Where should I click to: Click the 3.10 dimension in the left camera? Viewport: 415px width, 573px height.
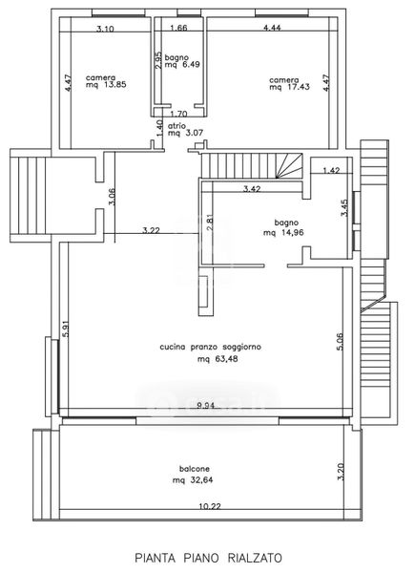pyautogui.click(x=105, y=29)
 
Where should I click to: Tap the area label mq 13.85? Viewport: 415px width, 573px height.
pyautogui.click(x=106, y=84)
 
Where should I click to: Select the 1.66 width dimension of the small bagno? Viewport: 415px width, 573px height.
pyautogui.click(x=178, y=28)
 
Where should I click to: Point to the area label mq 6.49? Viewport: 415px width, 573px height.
pyautogui.click(x=182, y=65)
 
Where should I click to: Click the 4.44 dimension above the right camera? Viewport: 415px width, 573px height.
pyautogui.click(x=272, y=28)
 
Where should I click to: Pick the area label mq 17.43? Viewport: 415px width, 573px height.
pyautogui.click(x=289, y=87)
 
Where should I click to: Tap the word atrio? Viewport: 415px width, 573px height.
pyautogui.click(x=176, y=126)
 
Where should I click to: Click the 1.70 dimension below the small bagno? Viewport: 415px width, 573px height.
pyautogui.click(x=178, y=114)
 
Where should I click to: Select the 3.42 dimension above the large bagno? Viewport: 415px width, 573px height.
pyautogui.click(x=252, y=188)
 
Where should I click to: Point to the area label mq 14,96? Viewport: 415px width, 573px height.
pyautogui.click(x=283, y=232)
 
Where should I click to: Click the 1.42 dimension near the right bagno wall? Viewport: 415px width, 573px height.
pyautogui.click(x=331, y=170)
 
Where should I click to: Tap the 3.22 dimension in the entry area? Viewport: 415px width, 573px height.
pyautogui.click(x=151, y=230)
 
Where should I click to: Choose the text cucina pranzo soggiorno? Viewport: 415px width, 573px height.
pyautogui.click(x=211, y=347)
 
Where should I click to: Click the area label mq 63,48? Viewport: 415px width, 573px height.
pyautogui.click(x=218, y=359)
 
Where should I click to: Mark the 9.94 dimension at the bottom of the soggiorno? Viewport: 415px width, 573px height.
pyautogui.click(x=205, y=405)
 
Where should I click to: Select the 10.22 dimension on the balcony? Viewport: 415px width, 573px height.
pyautogui.click(x=210, y=506)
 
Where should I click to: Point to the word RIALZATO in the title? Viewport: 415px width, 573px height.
pyautogui.click(x=255, y=558)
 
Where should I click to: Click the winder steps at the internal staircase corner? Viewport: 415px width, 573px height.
pyautogui.click(x=289, y=165)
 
